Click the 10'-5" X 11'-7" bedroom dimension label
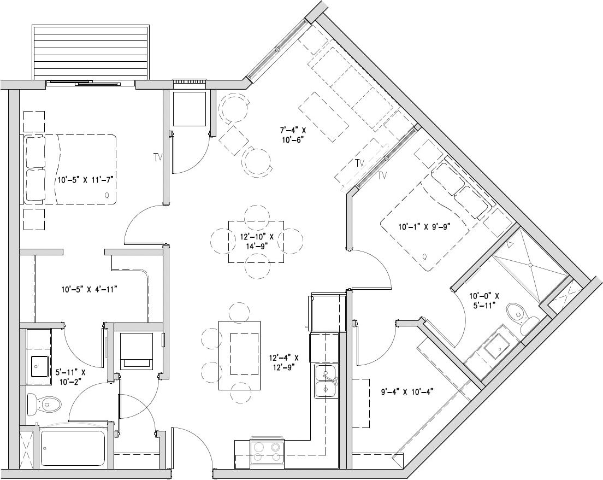(88, 179)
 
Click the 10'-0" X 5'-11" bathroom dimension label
(483, 300)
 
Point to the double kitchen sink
(326, 382)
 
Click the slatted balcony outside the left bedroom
(91, 52)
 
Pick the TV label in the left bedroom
(158, 157)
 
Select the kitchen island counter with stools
(240, 355)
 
